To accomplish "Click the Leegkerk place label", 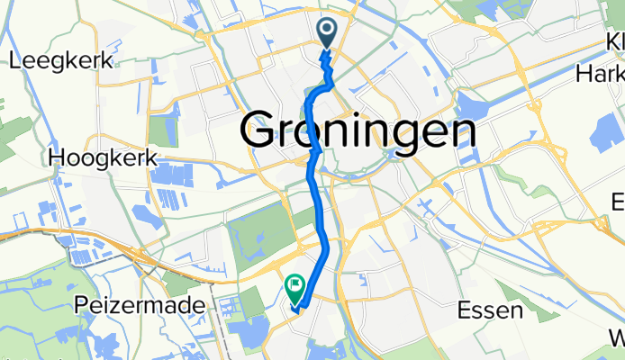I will coord(59,62).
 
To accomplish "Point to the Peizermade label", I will coord(153,307).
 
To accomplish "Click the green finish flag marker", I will coord(295,289).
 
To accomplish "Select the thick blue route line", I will coord(316,180).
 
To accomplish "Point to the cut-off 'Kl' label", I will coord(615,43).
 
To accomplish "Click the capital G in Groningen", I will coord(261,133).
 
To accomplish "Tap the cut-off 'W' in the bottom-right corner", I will coord(617,338).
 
